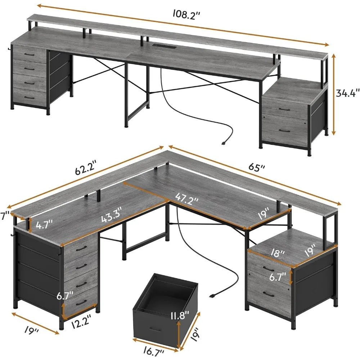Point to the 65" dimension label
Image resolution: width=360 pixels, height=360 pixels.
pyautogui.click(x=258, y=168)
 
